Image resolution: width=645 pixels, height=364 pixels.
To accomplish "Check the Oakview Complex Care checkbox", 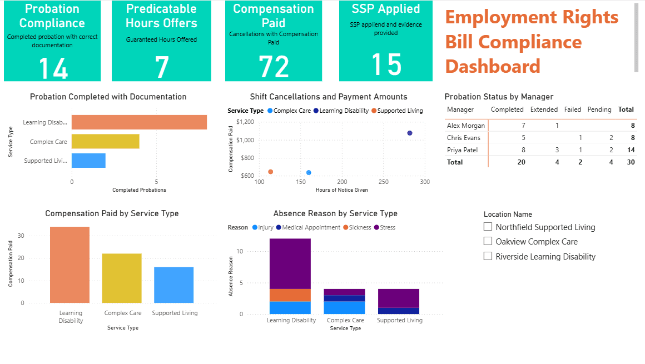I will (488, 242).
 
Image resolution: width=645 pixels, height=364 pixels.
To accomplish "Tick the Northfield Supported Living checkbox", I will (488, 227).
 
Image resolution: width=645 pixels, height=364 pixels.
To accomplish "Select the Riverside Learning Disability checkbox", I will (488, 257).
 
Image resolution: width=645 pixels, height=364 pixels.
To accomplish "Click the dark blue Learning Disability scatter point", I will (410, 133).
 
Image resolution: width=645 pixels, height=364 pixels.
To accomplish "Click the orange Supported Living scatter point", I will (270, 172).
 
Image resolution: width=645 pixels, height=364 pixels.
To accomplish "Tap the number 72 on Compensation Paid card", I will (274, 67).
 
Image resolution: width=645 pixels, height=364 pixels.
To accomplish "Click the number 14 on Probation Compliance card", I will (53, 69).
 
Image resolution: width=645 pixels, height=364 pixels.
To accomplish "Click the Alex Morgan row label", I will (465, 126).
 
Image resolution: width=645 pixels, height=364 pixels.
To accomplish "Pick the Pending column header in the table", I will (599, 110).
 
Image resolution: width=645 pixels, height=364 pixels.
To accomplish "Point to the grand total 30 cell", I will (631, 162).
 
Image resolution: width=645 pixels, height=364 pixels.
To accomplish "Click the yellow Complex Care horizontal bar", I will (105, 142).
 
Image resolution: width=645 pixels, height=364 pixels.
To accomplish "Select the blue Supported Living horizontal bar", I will (88, 161).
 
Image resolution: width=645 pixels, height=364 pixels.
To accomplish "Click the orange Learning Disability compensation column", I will (70, 265).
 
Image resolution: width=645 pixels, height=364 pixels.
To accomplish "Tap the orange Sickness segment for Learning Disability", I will (290, 295).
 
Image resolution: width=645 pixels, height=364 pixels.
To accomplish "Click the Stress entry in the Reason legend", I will (387, 227).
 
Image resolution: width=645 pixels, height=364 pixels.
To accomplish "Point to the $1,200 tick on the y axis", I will (245, 122).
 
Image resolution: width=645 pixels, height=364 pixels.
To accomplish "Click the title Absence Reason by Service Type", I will (335, 213).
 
